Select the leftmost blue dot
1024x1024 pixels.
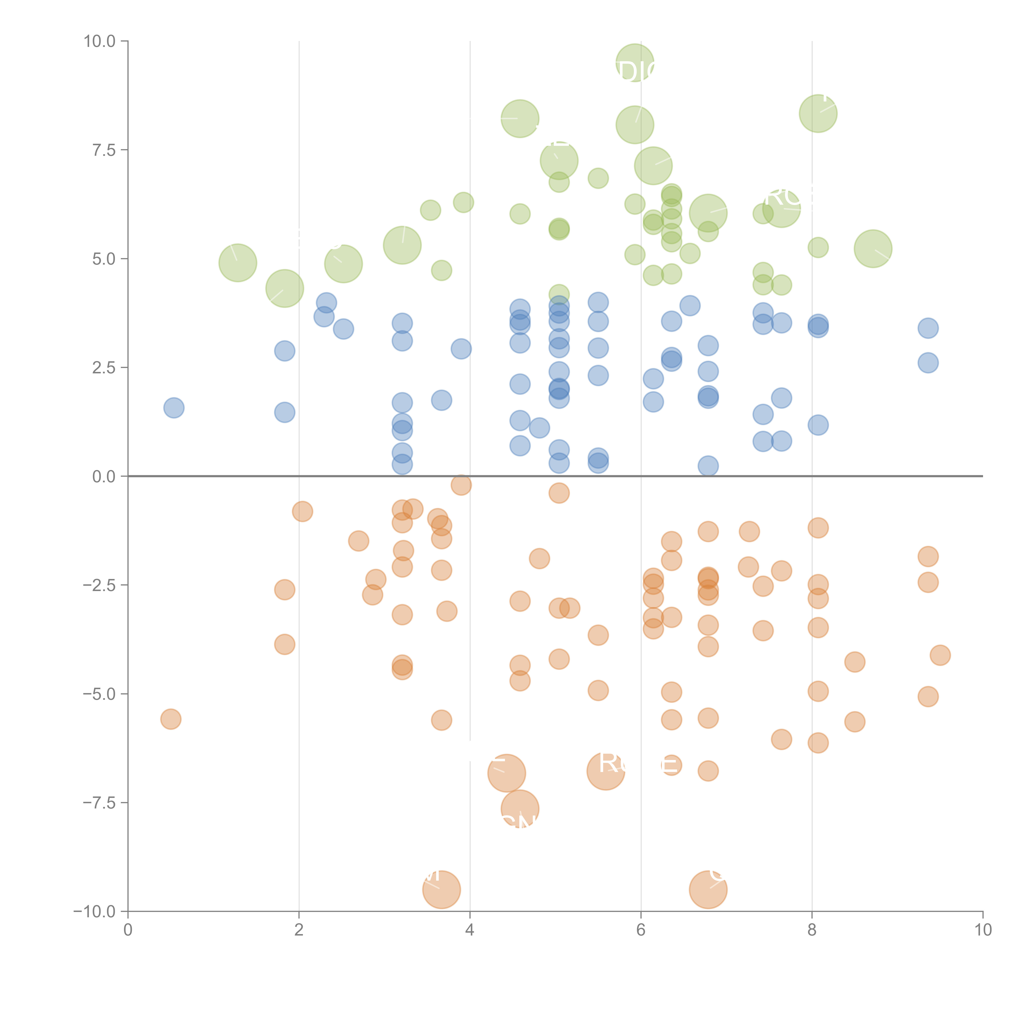point(174,408)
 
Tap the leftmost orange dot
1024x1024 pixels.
point(171,719)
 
